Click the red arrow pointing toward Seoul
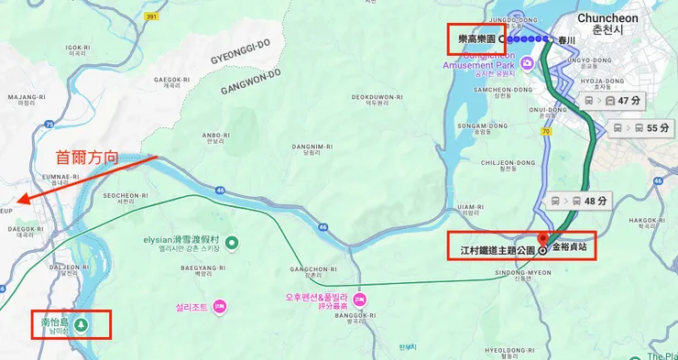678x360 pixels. click(87, 180)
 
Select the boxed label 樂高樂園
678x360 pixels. click(476, 39)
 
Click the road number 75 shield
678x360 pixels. click(49, 125)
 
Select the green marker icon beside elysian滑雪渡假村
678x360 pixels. click(232, 243)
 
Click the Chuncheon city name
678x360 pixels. click(608, 18)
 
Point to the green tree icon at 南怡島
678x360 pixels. click(82, 323)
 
